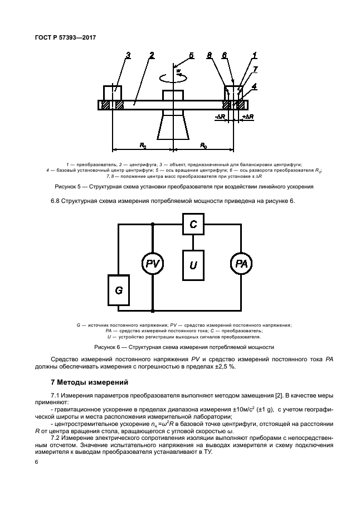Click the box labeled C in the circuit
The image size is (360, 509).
193,224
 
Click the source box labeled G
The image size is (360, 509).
118,290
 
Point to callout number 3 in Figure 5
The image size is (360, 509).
128,55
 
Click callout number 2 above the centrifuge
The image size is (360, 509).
152,55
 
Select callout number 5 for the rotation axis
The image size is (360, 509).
191,55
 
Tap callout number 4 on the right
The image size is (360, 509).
255,86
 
